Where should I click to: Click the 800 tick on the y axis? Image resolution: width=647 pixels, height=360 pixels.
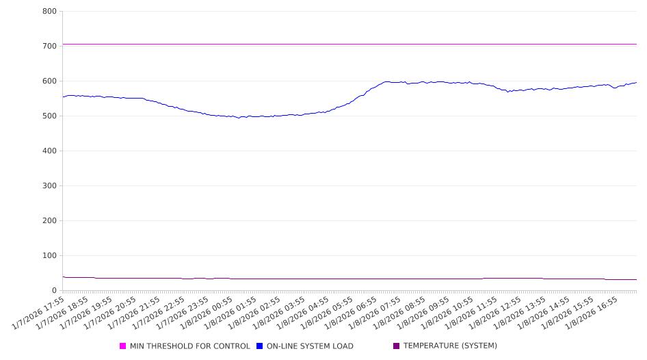[x=49, y=12]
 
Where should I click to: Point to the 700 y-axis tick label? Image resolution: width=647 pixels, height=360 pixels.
[x=49, y=47]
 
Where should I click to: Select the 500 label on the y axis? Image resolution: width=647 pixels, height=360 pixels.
[x=49, y=116]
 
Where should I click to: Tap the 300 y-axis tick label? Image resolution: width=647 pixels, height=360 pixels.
[x=49, y=186]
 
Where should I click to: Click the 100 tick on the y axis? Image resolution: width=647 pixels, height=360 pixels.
[x=49, y=256]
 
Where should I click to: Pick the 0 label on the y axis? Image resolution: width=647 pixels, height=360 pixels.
[x=54, y=291]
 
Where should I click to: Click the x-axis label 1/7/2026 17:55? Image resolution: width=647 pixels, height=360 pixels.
[x=40, y=313]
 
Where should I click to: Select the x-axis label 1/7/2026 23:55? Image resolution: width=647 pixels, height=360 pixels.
[x=183, y=313]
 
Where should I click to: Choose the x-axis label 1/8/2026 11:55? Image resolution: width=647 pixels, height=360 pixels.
[x=473, y=313]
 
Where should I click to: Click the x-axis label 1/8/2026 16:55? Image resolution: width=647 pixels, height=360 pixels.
[x=593, y=313]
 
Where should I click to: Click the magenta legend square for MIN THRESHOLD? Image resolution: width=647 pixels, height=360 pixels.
[x=123, y=346]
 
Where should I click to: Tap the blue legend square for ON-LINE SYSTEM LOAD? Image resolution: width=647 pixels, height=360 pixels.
[x=260, y=346]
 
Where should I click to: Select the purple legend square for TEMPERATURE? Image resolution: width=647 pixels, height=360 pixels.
[x=397, y=346]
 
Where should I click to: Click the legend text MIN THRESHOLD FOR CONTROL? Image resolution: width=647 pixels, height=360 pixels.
[x=189, y=346]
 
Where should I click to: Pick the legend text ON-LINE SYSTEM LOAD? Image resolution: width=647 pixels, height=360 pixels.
[x=310, y=346]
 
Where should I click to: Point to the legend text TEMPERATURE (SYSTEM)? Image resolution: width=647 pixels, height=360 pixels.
[x=450, y=346]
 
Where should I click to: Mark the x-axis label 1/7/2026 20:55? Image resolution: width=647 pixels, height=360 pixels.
[x=111, y=313]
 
